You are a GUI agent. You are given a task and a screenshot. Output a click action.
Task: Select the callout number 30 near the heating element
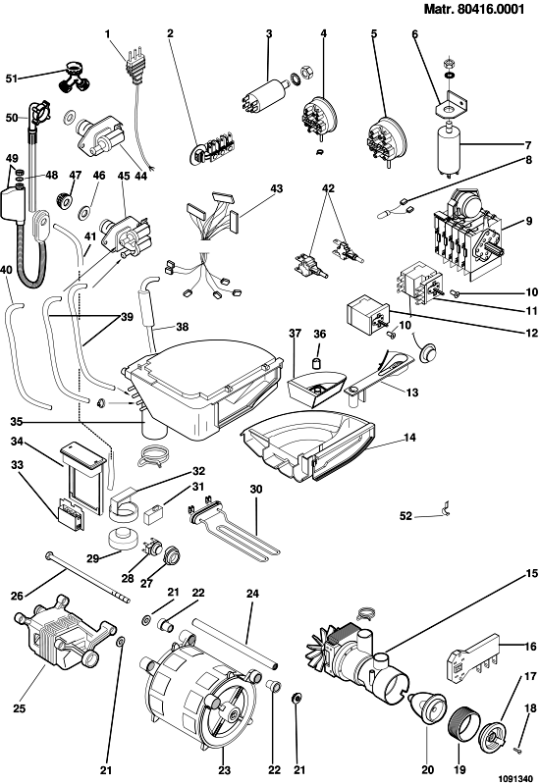point(255,489)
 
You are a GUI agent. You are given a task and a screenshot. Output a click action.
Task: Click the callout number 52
point(405,515)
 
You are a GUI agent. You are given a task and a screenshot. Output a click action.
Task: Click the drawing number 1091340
point(515,778)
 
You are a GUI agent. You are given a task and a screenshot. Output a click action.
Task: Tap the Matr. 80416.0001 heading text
point(474,9)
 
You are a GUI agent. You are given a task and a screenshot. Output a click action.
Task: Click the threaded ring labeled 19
point(459,725)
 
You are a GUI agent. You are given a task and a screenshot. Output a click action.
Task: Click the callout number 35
point(17,422)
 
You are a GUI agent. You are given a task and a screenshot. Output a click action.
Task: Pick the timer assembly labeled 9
point(466,233)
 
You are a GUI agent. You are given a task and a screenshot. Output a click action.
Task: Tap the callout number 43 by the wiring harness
point(276,188)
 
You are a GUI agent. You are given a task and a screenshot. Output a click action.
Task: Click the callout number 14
point(409,438)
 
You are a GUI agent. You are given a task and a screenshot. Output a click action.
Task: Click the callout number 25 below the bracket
point(19,708)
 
